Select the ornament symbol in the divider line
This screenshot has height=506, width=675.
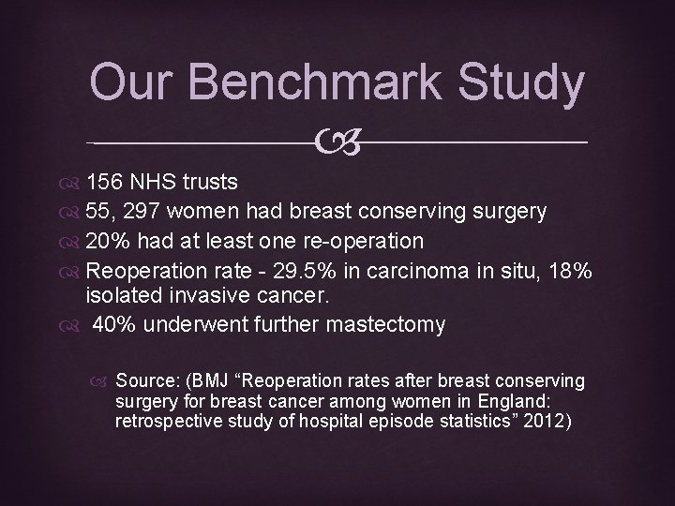pyautogui.click(x=337, y=142)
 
